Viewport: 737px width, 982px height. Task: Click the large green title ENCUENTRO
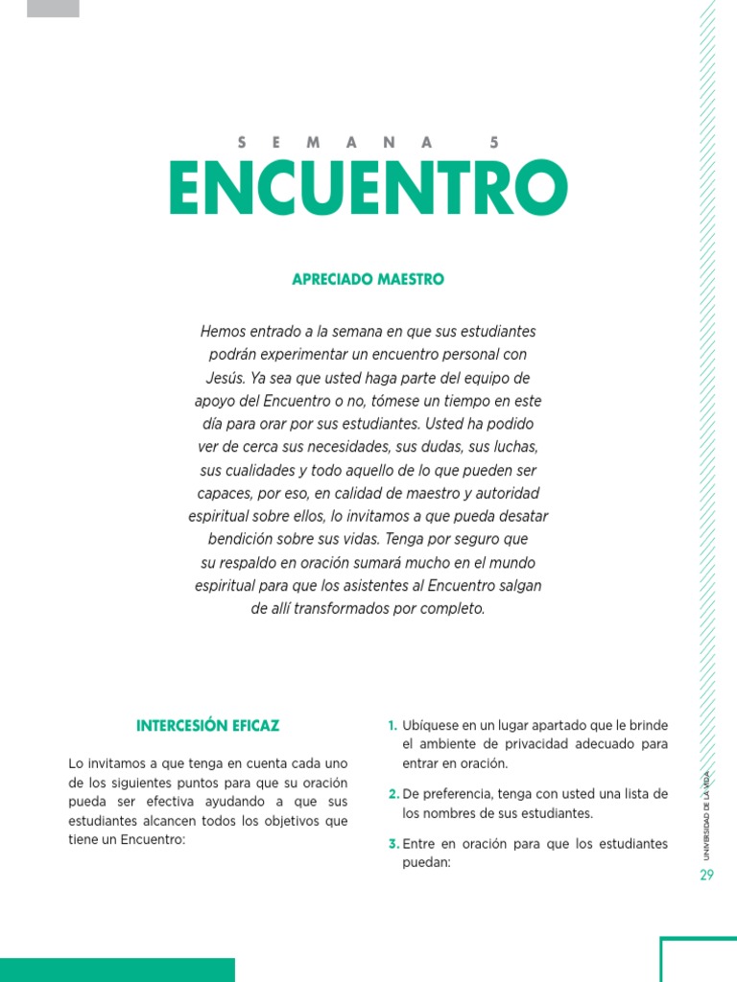tap(368, 189)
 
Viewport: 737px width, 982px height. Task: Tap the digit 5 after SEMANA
tap(494, 142)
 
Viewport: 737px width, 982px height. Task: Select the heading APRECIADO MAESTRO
tap(368, 279)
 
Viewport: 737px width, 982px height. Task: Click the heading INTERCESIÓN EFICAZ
tap(208, 725)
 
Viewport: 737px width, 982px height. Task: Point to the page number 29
tap(707, 875)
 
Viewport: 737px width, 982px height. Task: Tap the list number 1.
tap(392, 725)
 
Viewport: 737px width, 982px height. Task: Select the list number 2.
tap(393, 794)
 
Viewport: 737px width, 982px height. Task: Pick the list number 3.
tap(393, 844)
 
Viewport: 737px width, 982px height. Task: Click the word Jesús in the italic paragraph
tap(226, 377)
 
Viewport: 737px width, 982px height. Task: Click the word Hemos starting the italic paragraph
tap(224, 331)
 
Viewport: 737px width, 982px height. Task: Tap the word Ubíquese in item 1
tap(433, 725)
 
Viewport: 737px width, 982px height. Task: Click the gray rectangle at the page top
tap(53, 9)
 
